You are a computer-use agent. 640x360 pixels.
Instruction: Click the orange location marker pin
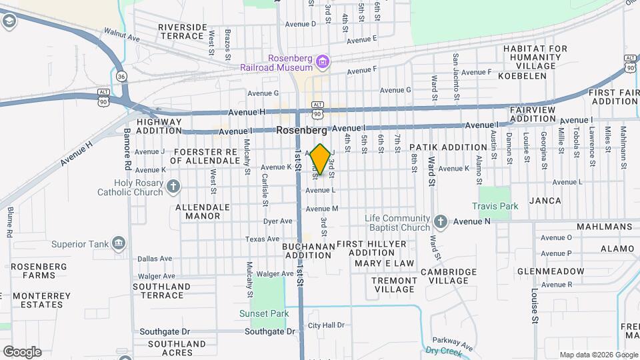coord(320,159)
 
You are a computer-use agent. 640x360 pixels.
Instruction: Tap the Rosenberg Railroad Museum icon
coord(323,63)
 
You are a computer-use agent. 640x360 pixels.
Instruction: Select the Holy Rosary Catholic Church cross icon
coord(173,186)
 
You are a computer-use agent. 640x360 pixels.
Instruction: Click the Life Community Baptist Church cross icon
coord(440,221)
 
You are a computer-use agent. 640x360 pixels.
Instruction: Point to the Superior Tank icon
coord(119,243)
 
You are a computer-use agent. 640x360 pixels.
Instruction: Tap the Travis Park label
coord(495,207)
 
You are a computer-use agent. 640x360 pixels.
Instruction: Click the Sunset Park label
coord(264,313)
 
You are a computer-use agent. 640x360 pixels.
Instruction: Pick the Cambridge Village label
coord(448,276)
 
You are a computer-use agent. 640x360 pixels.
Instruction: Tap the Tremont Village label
coord(394,285)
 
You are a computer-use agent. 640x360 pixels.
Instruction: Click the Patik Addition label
coord(448,147)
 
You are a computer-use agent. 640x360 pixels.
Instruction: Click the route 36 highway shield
coord(121,77)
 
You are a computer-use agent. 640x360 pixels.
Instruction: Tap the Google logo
coord(22,351)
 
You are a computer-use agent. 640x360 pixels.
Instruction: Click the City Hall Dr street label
coord(326,325)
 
